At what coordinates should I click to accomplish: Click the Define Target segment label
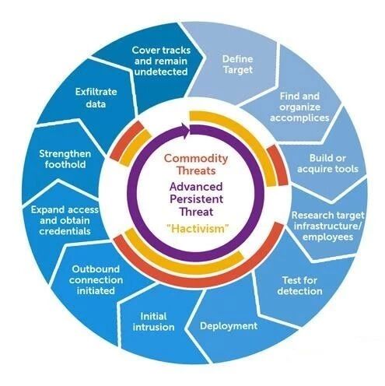237,64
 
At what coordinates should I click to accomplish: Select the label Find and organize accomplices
299,107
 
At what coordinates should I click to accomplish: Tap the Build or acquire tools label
327,163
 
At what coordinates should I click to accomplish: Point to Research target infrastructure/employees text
327,226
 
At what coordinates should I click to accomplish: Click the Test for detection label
299,286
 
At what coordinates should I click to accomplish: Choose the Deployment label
229,326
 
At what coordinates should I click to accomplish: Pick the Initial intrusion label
153,321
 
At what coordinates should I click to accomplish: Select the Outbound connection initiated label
96,280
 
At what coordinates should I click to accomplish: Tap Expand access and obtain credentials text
65,220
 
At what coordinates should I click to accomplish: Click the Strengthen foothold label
65,159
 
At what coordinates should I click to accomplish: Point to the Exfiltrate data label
96,98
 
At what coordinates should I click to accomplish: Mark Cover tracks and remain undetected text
161,61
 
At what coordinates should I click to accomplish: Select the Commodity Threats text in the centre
196,164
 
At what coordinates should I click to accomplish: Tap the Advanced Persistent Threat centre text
196,199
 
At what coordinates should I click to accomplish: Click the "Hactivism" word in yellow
198,229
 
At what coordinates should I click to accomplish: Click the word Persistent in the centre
196,199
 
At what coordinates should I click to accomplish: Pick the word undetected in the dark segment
161,72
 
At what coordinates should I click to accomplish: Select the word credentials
65,231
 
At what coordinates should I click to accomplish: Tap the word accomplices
299,118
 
